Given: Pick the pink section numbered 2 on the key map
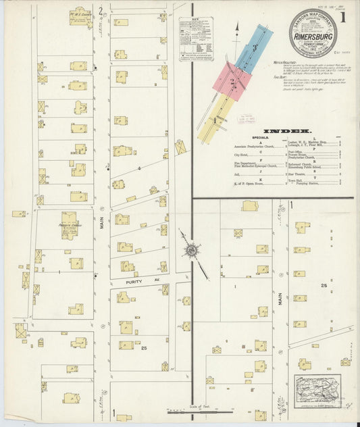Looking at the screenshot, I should [x=233, y=82].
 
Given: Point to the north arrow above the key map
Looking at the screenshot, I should [x=237, y=28].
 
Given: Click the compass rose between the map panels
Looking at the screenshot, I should [x=191, y=251].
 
